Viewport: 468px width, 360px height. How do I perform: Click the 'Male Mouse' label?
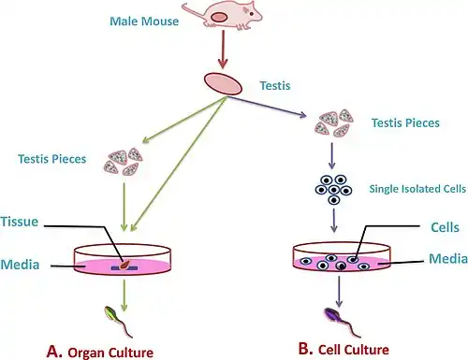point(144,22)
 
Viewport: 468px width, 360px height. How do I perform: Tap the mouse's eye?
point(252,14)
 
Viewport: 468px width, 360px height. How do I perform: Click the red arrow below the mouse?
point(223,50)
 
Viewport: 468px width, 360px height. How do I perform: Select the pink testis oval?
point(223,83)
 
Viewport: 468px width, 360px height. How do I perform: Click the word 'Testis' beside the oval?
point(275,86)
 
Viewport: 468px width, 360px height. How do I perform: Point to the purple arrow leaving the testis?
point(267,107)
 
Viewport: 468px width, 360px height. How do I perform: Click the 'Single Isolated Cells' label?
point(417,189)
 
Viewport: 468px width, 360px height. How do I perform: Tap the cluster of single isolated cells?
point(333,190)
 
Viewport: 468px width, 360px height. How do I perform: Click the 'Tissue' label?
point(20,222)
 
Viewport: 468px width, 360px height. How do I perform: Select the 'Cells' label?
point(445,227)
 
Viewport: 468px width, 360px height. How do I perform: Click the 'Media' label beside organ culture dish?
point(20,265)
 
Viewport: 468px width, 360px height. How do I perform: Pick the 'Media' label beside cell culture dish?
point(448,259)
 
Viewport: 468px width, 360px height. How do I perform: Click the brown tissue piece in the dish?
point(124,265)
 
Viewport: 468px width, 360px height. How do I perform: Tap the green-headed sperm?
point(118,321)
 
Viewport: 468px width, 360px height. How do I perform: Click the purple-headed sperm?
point(342,322)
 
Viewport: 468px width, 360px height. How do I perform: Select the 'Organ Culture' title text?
point(110,353)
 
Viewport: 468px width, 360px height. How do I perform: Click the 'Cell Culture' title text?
point(354,350)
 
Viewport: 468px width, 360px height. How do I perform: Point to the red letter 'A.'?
point(54,352)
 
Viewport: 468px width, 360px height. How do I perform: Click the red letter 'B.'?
point(305,349)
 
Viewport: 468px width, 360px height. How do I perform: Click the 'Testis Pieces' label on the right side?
point(405,122)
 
